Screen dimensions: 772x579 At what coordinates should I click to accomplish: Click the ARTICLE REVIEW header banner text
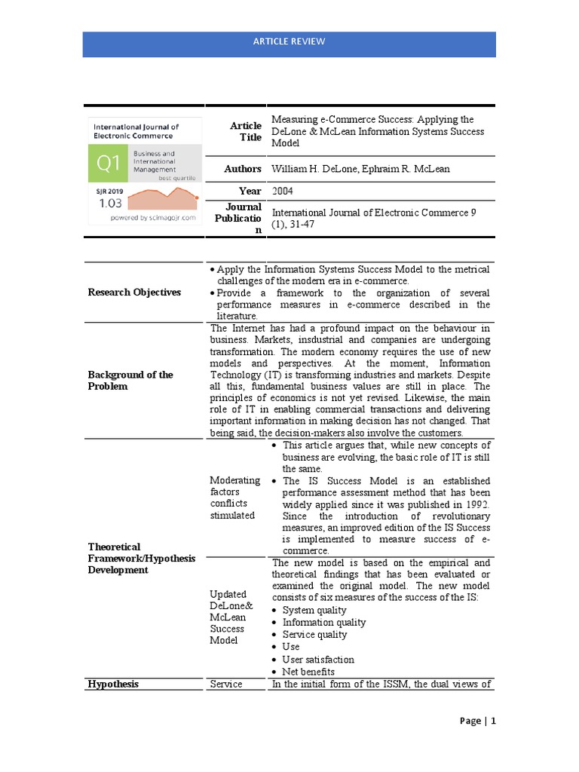(289, 41)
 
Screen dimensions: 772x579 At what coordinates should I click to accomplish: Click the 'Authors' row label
(242, 169)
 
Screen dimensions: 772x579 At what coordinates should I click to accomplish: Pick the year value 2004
(283, 191)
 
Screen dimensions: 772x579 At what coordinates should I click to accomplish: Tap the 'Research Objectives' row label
(134, 293)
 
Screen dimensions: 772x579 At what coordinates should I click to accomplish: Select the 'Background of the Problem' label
(130, 380)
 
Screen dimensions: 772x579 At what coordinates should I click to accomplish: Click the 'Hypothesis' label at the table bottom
(114, 684)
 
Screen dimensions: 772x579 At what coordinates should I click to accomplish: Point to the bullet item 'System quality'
(314, 610)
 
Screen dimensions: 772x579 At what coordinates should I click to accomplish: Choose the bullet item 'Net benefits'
(308, 671)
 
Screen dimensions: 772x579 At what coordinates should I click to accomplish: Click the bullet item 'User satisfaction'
(318, 659)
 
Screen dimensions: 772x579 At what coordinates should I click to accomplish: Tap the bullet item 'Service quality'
(314, 634)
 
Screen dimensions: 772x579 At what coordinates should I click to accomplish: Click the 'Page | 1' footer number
(478, 721)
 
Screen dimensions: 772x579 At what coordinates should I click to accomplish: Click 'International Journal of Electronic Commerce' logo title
(136, 132)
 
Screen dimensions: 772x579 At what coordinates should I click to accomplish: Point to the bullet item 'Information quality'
(324, 622)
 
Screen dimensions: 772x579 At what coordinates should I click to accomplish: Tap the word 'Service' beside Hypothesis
(225, 684)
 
